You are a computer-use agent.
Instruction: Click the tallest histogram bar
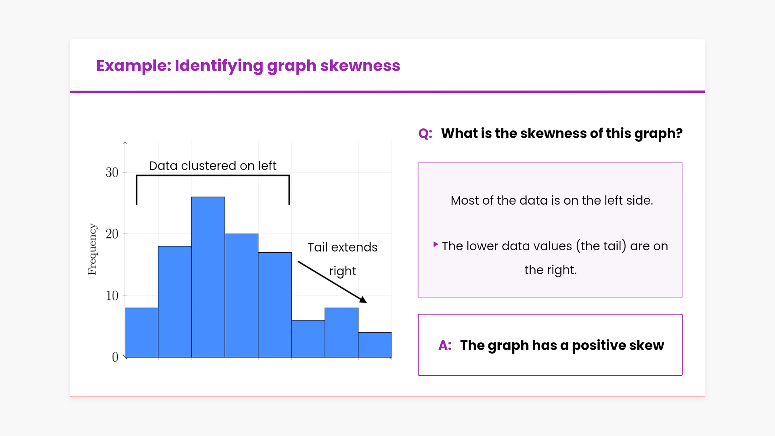208,277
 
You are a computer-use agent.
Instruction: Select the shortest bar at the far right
375,345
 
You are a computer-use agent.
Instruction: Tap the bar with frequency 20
241,296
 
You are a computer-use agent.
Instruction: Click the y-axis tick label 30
112,172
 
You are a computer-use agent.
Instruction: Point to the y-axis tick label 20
112,234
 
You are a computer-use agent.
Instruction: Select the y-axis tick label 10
112,296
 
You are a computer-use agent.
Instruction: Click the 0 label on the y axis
115,357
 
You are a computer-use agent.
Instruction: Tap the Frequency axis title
92,249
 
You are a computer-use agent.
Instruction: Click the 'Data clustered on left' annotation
213,166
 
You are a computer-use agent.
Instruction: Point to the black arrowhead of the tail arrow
363,300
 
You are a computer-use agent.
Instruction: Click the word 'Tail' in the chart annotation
318,247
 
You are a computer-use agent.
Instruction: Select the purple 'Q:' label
425,134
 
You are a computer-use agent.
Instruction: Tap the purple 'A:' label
445,346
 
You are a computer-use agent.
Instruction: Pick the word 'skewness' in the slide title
360,65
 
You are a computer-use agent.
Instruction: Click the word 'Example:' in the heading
134,66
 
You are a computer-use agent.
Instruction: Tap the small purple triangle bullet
436,244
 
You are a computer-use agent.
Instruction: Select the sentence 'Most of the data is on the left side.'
552,200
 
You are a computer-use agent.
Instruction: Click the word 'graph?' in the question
658,134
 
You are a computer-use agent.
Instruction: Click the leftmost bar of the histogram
142,332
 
